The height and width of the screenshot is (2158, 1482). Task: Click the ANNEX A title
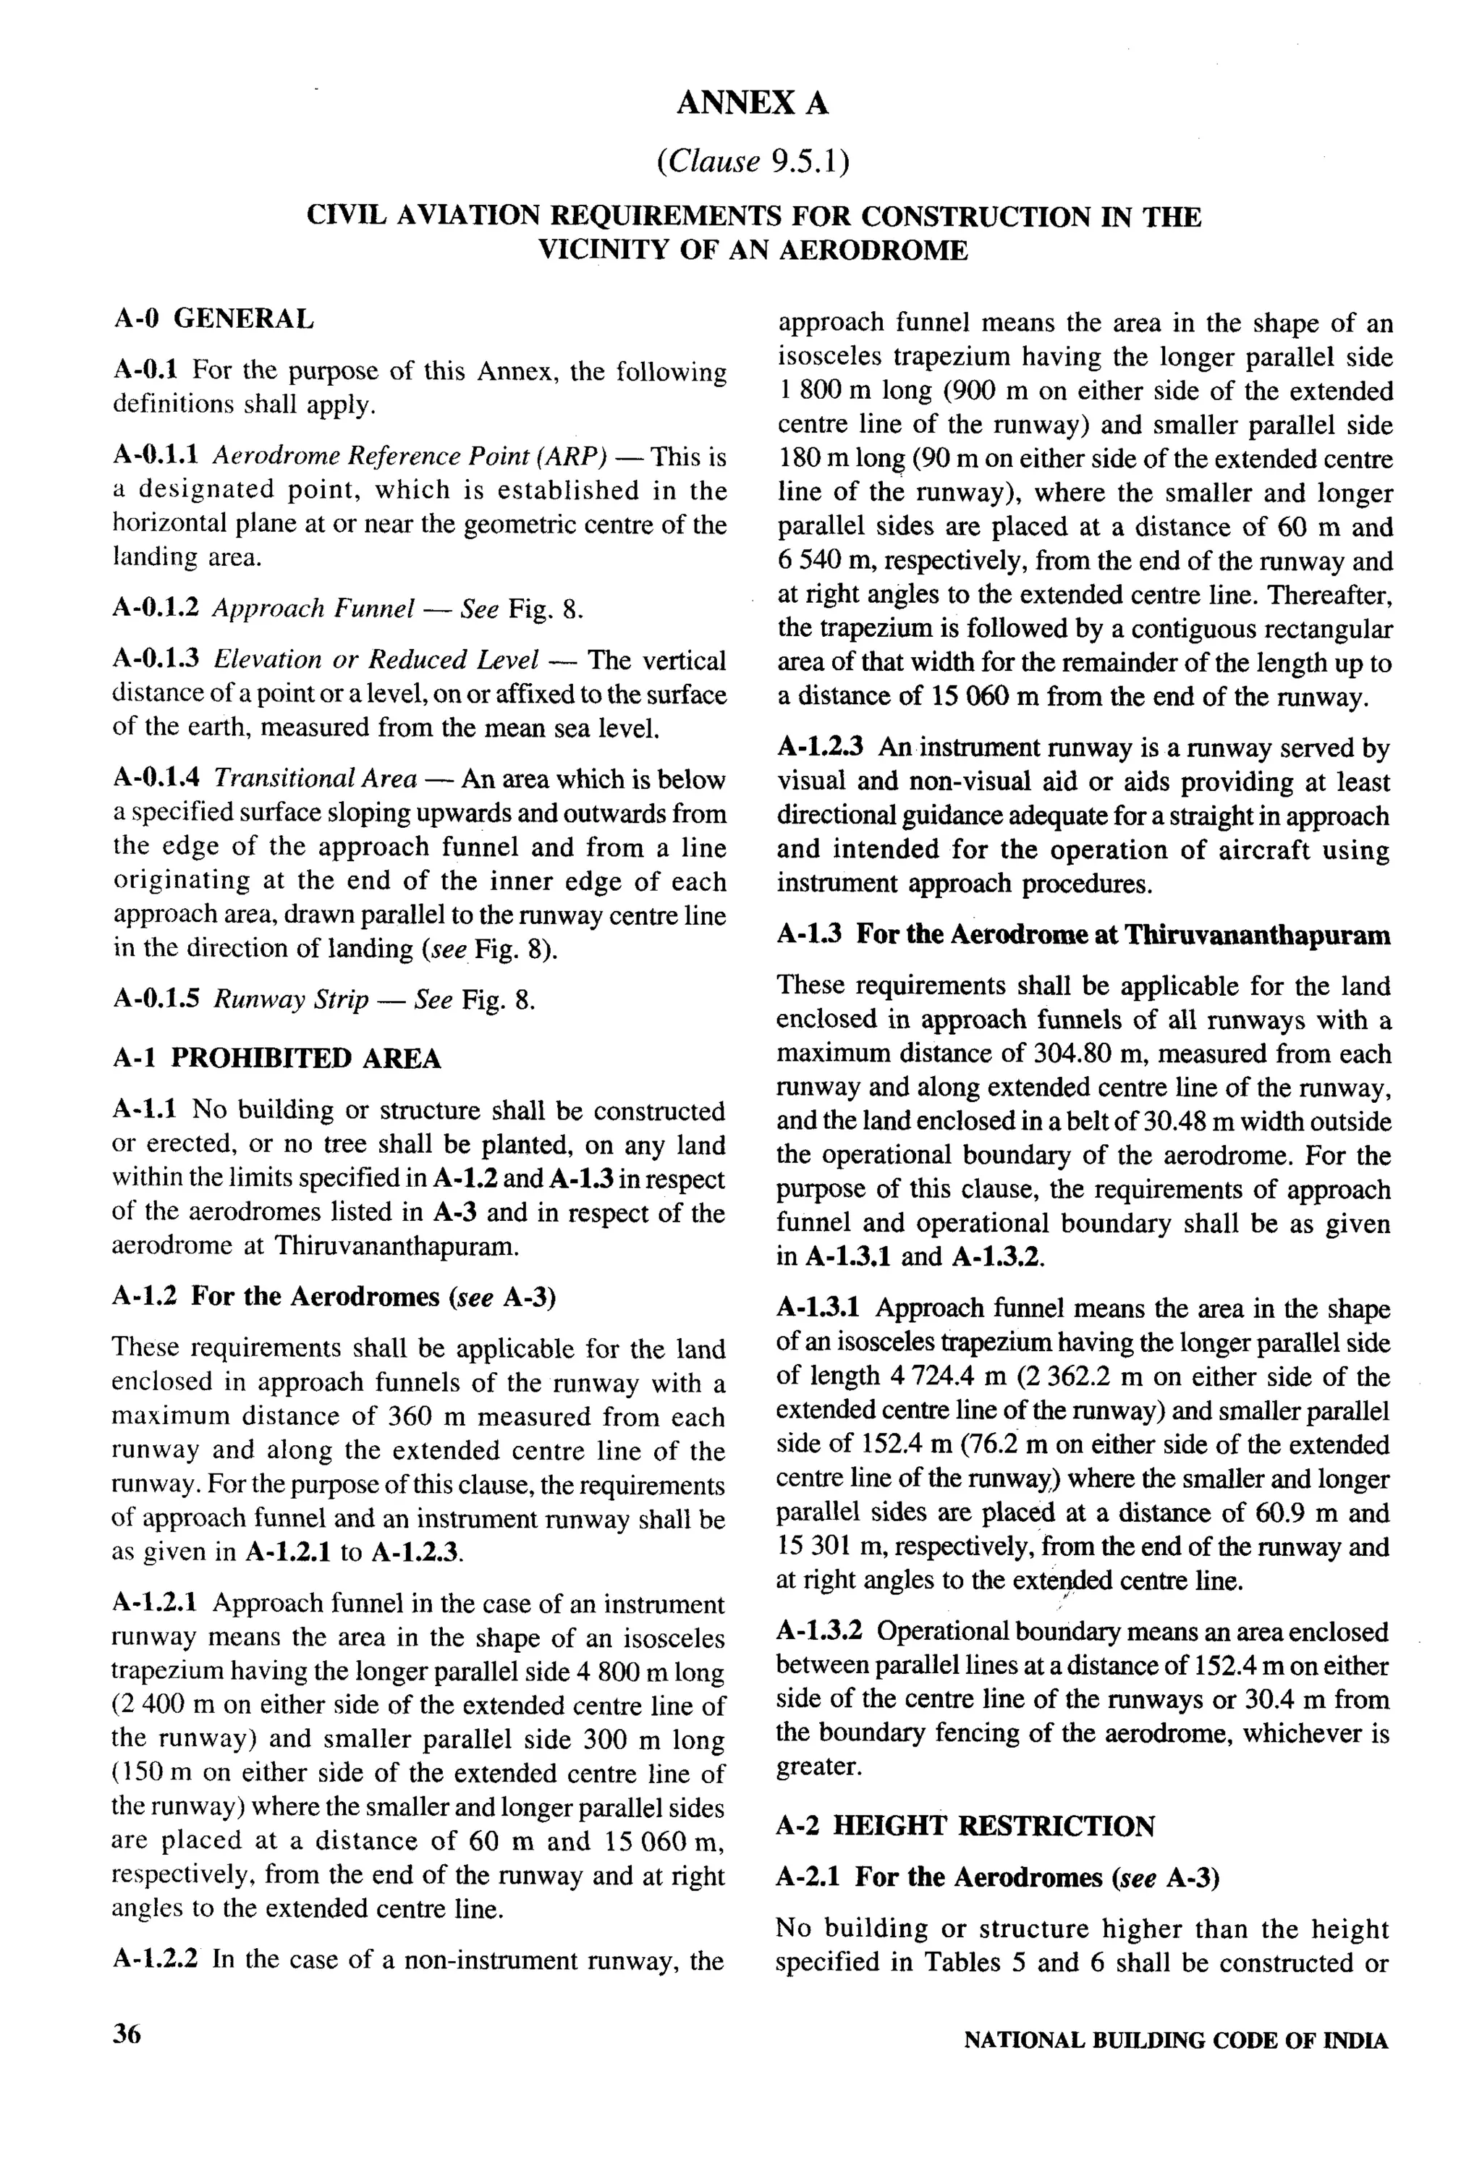pyautogui.click(x=752, y=103)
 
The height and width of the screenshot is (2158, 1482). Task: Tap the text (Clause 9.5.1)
pyautogui.click(x=752, y=161)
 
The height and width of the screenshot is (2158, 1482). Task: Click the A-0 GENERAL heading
pyautogui.click(x=213, y=318)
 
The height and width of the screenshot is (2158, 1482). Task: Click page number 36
pyautogui.click(x=127, y=2034)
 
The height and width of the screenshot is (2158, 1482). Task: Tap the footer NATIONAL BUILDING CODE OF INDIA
pyautogui.click(x=1176, y=2040)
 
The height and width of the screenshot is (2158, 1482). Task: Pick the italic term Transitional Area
pyautogui.click(x=315, y=778)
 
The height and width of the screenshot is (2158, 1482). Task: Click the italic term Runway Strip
pyautogui.click(x=291, y=999)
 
